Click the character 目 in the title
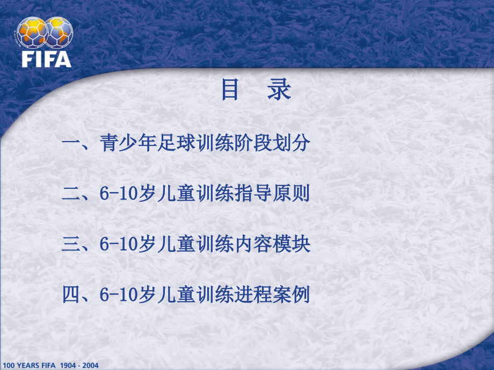[x=230, y=91]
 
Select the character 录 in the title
[x=280, y=91]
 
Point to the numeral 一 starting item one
[x=71, y=143]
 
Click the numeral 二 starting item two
[x=71, y=194]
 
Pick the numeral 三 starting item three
[x=71, y=244]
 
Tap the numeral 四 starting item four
[x=71, y=294]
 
